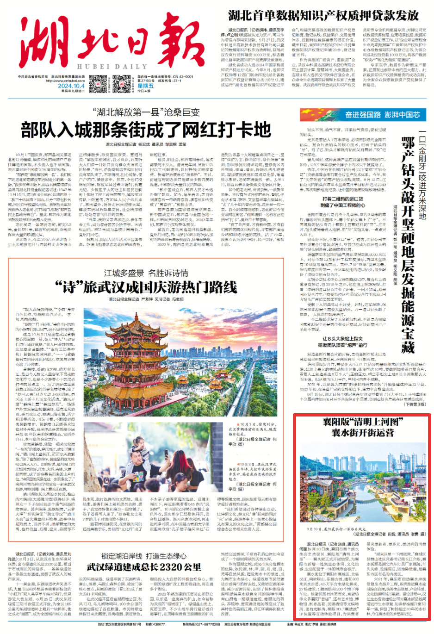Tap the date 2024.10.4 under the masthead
[71, 86]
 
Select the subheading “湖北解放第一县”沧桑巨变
[146, 112]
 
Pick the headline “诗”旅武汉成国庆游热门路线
[146, 287]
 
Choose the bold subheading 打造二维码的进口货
[342, 199]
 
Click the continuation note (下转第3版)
[415, 404]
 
